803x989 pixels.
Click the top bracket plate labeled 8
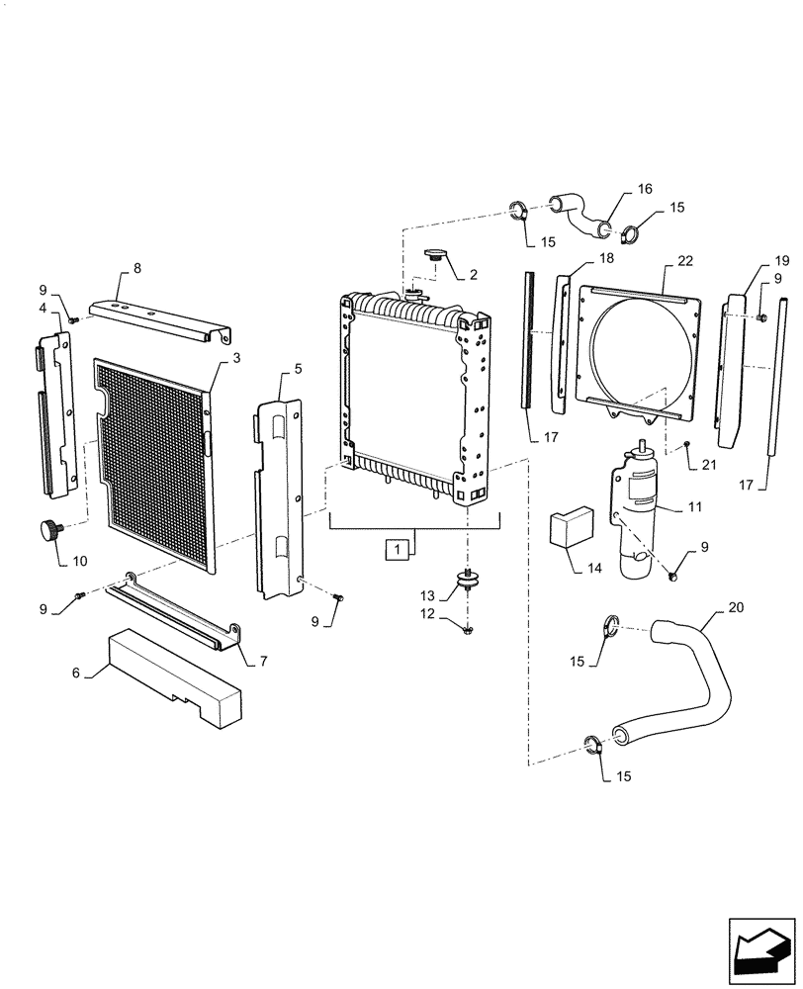coord(158,321)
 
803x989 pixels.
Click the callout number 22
coord(685,261)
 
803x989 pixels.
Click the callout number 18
coord(605,257)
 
